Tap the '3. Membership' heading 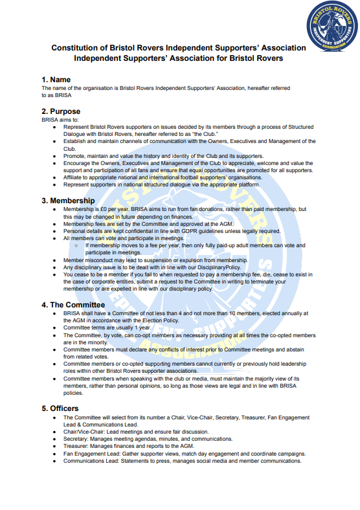click(x=68, y=201)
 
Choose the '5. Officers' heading click(x=60, y=408)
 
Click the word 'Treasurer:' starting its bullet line click(x=78, y=446)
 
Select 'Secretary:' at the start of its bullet click(x=78, y=439)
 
